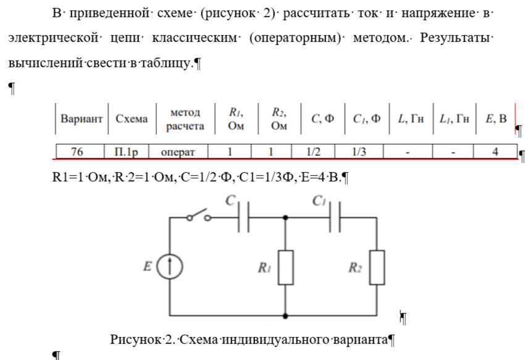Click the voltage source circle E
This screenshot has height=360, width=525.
[x=170, y=267]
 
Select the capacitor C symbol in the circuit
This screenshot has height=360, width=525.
[x=243, y=218]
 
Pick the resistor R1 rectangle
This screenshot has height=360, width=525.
[x=285, y=267]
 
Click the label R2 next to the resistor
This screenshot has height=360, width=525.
[x=355, y=267]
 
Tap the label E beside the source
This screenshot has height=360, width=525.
[x=147, y=267]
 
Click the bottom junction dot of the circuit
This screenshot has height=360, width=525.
[x=285, y=316]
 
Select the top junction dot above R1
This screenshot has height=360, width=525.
[x=285, y=218]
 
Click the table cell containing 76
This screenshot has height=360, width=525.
[x=77, y=151]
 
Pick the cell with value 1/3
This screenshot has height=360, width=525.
[x=358, y=151]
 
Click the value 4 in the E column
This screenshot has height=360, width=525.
[x=495, y=151]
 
